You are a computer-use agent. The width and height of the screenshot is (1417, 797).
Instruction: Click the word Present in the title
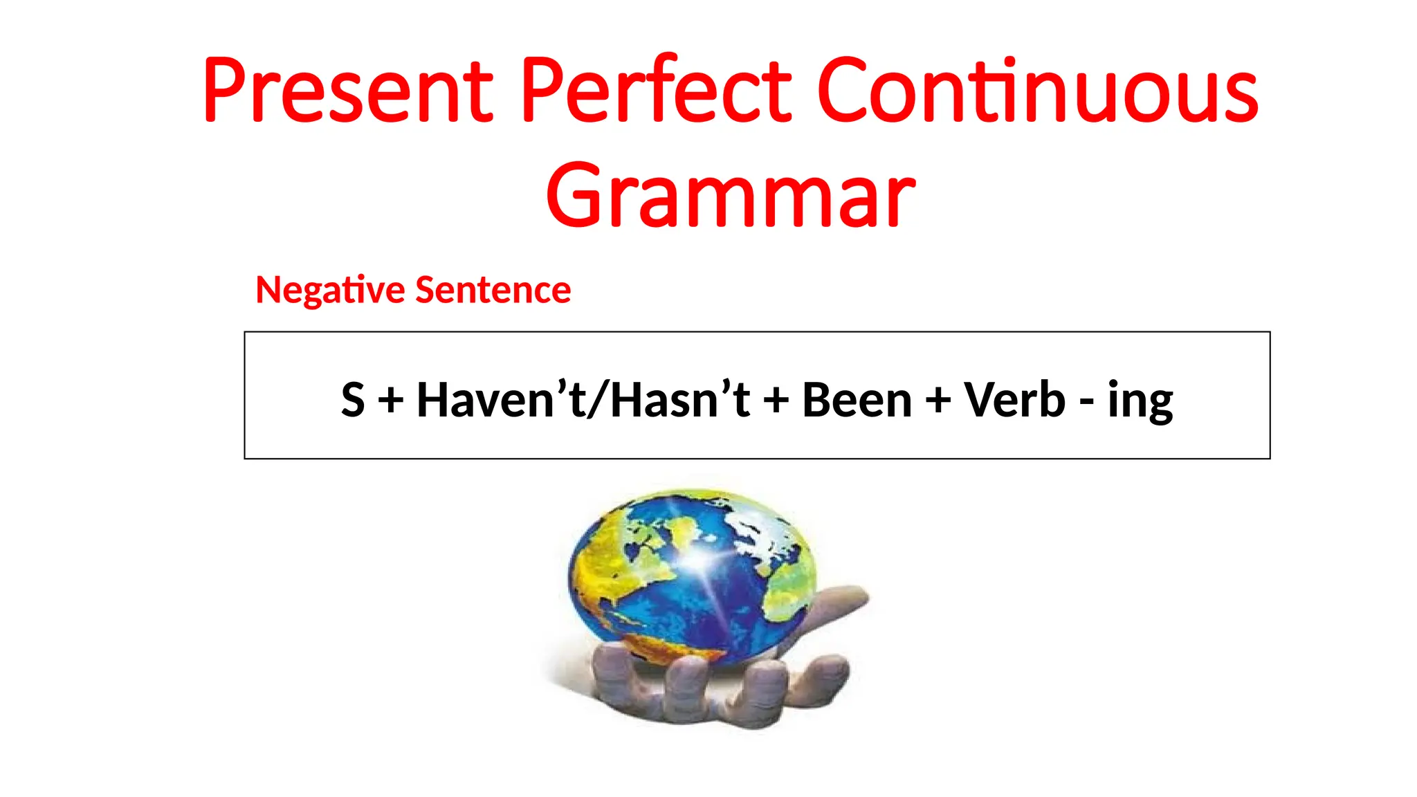click(348, 91)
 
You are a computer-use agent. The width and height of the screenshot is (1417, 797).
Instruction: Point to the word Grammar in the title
click(731, 195)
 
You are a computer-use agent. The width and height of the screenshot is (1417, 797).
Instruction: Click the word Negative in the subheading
click(329, 290)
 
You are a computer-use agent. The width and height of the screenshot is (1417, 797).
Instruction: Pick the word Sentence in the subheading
click(493, 290)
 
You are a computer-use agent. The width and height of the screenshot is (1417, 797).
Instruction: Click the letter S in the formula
click(353, 400)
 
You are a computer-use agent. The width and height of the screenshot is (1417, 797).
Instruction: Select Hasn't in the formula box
click(680, 400)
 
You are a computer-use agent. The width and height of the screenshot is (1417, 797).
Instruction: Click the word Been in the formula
click(857, 400)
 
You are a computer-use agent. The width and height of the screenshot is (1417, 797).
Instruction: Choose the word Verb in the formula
click(1014, 400)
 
